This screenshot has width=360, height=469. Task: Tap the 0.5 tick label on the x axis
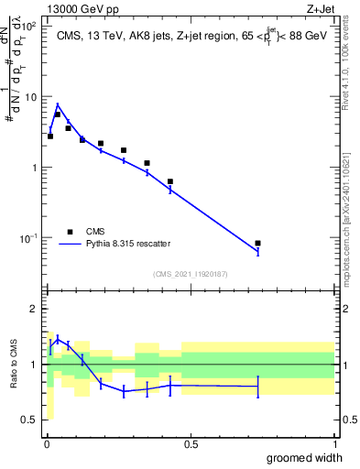[x=190, y=443]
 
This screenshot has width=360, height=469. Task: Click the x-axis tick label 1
[x=333, y=443]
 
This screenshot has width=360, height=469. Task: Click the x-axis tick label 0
[x=47, y=443]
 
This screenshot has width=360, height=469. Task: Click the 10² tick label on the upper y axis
[x=30, y=26]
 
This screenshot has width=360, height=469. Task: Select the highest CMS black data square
[x=57, y=115]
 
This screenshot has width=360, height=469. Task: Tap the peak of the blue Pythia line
[x=58, y=104]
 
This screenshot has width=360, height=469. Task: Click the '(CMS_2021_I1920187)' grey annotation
[x=190, y=273]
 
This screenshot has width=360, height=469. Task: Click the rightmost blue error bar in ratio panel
[x=258, y=387]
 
